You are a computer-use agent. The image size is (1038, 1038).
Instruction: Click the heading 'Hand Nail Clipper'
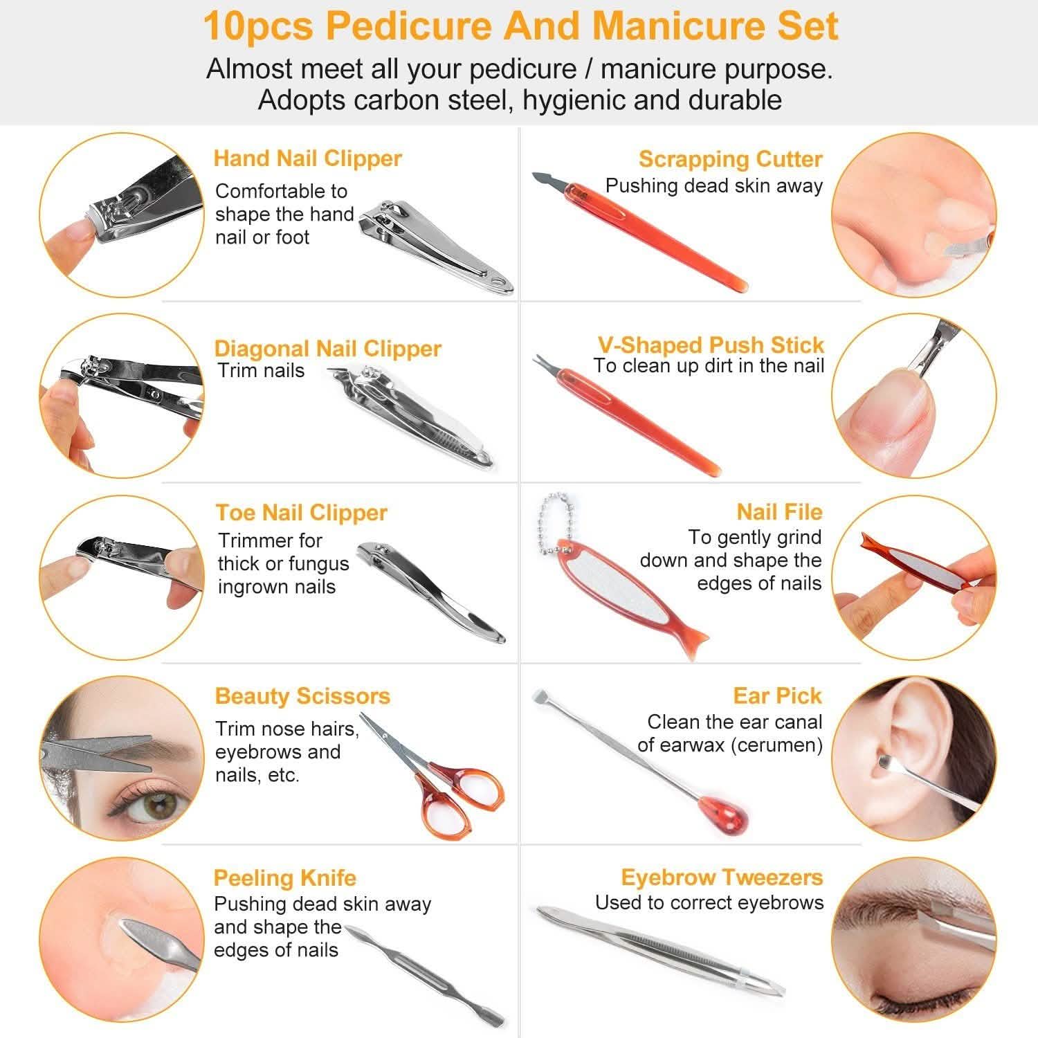(x=307, y=158)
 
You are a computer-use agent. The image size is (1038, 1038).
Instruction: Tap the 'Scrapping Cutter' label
(x=730, y=159)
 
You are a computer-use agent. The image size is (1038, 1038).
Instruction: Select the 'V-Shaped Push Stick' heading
(x=711, y=345)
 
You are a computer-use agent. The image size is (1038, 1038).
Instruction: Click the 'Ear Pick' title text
(x=777, y=695)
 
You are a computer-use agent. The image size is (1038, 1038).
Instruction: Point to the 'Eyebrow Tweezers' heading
(x=722, y=877)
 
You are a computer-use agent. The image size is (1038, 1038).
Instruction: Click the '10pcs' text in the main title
(x=257, y=26)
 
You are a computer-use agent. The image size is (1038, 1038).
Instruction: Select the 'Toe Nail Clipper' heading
(x=301, y=513)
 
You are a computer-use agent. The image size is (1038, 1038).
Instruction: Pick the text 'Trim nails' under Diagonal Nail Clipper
(x=261, y=371)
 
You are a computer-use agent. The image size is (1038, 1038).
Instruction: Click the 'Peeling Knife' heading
(x=284, y=878)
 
